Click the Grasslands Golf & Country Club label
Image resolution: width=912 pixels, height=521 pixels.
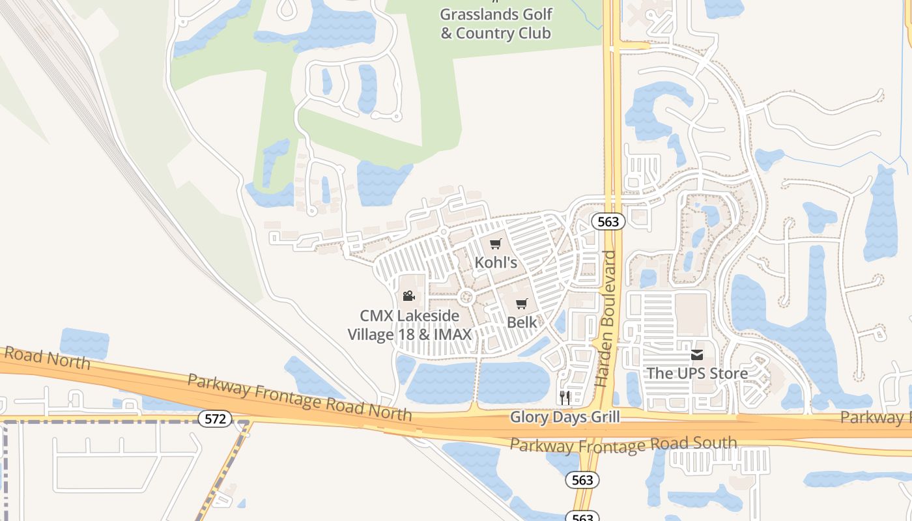click(496, 23)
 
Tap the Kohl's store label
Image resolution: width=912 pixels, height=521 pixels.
click(496, 262)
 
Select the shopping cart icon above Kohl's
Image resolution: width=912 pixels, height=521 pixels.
click(496, 244)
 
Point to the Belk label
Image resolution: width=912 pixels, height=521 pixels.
click(522, 322)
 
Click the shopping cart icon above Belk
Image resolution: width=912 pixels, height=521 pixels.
click(522, 303)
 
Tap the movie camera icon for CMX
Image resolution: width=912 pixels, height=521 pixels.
click(408, 296)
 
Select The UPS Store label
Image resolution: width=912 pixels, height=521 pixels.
click(697, 373)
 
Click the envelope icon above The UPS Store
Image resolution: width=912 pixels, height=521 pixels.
click(697, 355)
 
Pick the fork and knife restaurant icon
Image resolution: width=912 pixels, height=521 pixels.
click(565, 397)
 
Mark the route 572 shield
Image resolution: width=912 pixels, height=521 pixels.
click(214, 419)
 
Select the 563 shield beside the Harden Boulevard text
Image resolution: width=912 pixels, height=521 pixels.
click(608, 221)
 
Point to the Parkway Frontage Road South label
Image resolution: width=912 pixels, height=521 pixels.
click(623, 445)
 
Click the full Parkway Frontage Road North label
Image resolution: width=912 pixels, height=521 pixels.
click(300, 396)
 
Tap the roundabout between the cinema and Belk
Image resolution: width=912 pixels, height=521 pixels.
click(466, 298)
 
